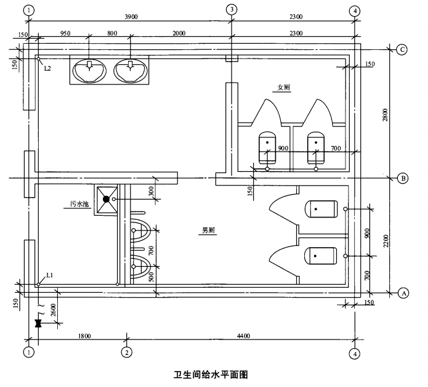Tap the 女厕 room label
pyautogui.click(x=283, y=88)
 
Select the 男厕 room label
pyautogui.click(x=208, y=231)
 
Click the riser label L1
pyautogui.click(x=48, y=277)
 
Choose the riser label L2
pyautogui.click(x=48, y=67)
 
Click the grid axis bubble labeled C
pyautogui.click(x=401, y=50)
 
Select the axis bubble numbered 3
pyautogui.click(x=231, y=10)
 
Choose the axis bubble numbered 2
pyautogui.click(x=126, y=353)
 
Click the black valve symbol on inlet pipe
pyautogui.click(x=38, y=322)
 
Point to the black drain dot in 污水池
pyautogui.click(x=106, y=199)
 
